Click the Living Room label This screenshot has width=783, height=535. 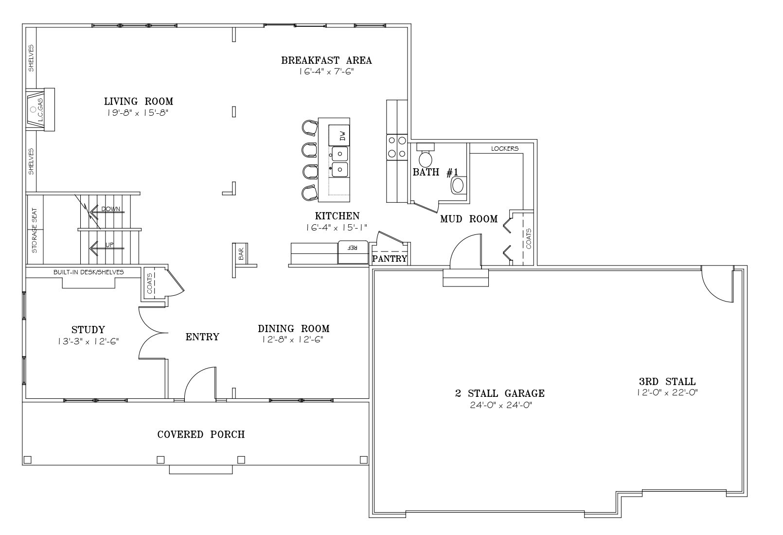tap(139, 101)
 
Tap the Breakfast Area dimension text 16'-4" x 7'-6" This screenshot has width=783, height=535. tap(326, 71)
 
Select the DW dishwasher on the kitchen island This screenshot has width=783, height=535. tap(339, 135)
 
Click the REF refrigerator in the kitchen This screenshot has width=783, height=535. tap(353, 252)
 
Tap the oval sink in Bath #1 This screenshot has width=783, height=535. tap(458, 185)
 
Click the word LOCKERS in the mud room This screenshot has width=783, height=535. tap(504, 149)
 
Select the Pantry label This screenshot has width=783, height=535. tap(390, 259)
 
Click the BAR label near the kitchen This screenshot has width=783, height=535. tap(241, 254)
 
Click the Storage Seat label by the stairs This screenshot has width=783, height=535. tap(34, 231)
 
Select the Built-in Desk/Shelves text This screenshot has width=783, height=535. tap(89, 272)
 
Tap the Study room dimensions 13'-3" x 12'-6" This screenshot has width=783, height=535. tap(89, 341)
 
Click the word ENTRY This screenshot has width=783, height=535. tap(202, 337)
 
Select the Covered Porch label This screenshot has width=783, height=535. tap(201, 434)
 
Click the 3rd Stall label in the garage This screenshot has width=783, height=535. tap(667, 381)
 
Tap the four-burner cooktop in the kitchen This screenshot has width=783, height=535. tap(397, 147)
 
